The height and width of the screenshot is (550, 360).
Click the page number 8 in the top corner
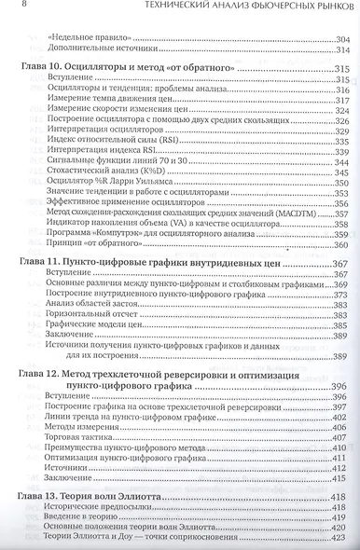(10, 8)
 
